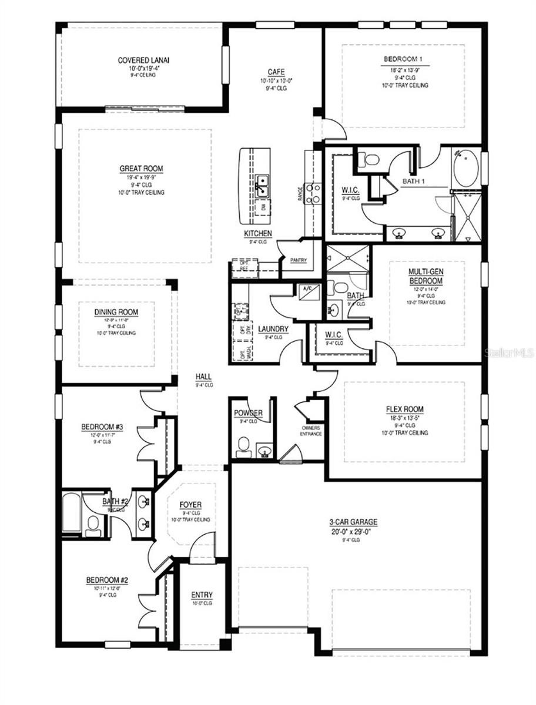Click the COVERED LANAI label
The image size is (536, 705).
click(x=139, y=60)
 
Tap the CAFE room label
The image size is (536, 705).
click(x=276, y=72)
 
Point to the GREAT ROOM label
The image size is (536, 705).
click(x=141, y=169)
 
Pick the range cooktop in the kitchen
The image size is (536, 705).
click(x=313, y=194)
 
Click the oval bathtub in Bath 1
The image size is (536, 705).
click(x=465, y=169)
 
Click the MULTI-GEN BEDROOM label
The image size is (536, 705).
click(x=426, y=277)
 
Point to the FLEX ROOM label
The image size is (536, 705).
click(x=404, y=409)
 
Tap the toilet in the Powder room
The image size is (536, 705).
click(x=243, y=450)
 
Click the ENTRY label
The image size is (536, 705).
click(x=202, y=595)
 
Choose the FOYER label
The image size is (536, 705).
click(x=190, y=505)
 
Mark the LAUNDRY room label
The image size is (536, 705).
click(x=273, y=329)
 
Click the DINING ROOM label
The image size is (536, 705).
click(x=116, y=312)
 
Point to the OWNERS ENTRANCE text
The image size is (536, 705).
click(x=311, y=431)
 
